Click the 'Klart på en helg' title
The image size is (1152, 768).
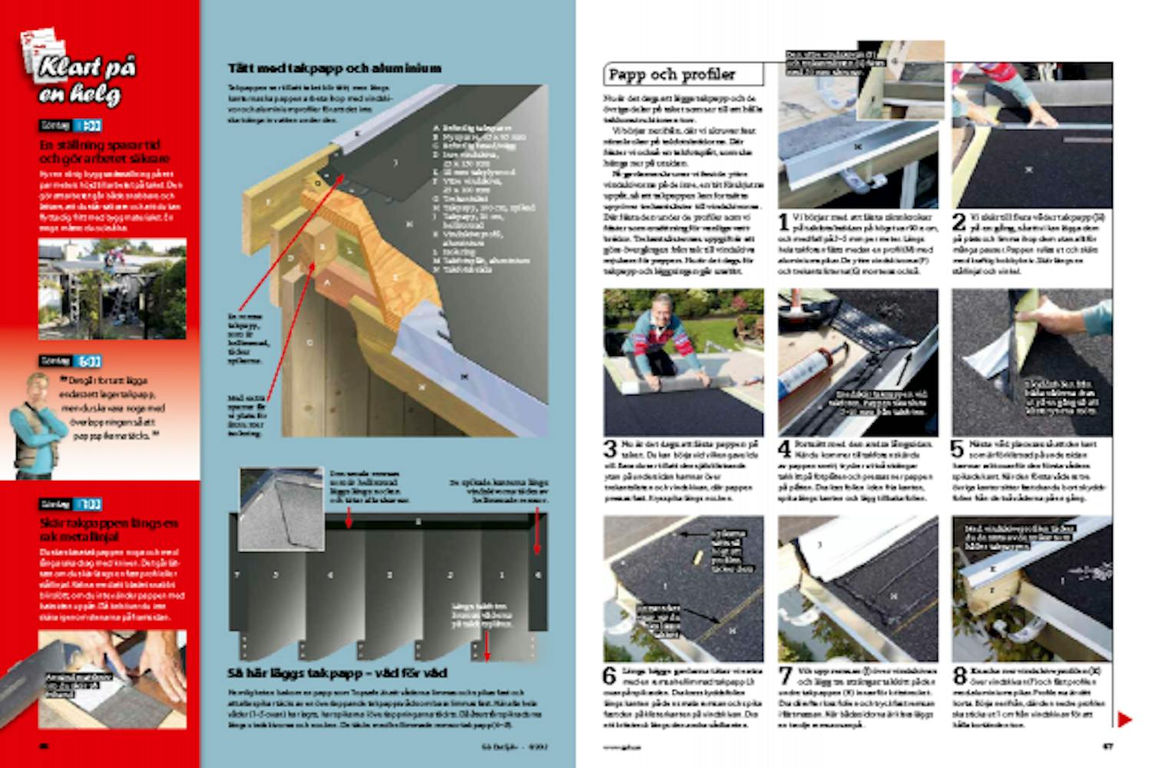86,81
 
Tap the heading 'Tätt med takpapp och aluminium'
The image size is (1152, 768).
335,68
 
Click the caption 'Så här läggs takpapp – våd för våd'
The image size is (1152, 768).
337,674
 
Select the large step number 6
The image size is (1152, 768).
610,677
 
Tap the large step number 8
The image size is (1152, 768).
959,677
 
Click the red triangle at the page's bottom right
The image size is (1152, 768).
1124,720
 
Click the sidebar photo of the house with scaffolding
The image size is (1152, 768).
112,289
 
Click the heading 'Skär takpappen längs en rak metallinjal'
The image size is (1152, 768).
108,530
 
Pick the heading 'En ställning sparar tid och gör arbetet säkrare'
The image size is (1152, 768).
104,151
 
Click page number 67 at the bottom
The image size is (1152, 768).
1107,746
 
